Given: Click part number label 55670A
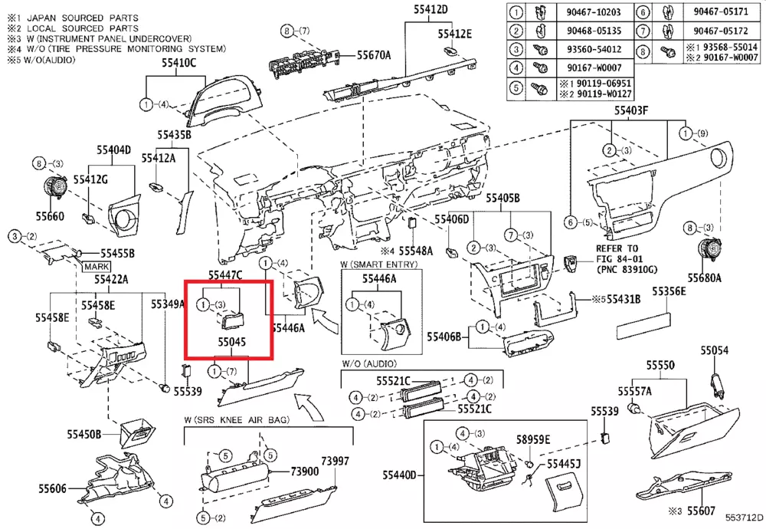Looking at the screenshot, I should [x=374, y=54].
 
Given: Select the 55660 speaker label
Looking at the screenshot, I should [x=51, y=217].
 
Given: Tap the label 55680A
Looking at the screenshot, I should [x=704, y=278].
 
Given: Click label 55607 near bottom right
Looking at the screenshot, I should [x=701, y=510].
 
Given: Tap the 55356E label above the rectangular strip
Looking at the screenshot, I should [x=669, y=292].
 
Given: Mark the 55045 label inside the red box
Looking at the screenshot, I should [x=231, y=344].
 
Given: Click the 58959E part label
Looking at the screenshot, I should [x=533, y=439].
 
